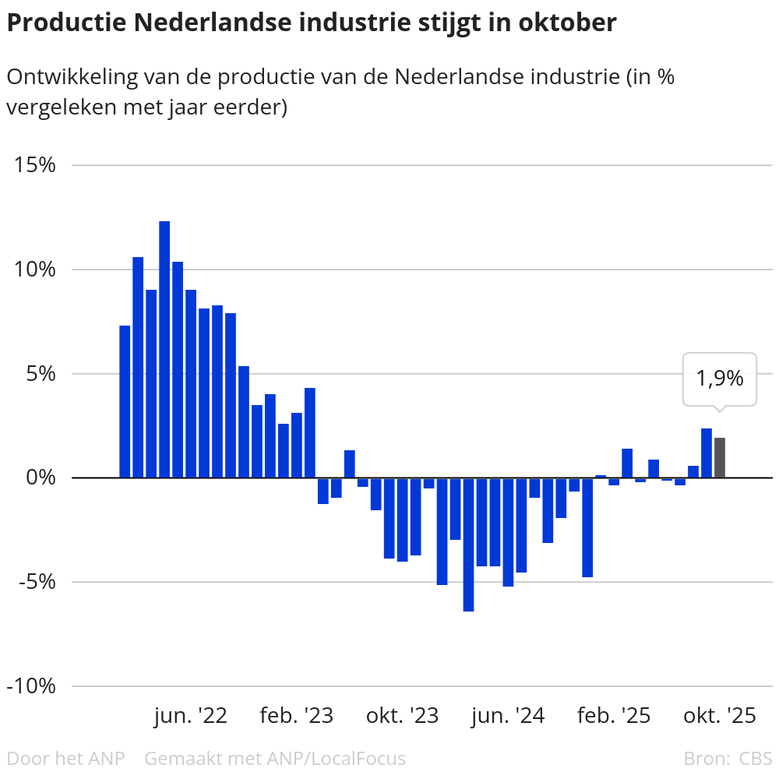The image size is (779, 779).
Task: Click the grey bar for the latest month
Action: (x=720, y=458)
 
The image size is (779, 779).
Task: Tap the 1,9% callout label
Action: (x=719, y=379)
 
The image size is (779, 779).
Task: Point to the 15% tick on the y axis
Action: (x=33, y=165)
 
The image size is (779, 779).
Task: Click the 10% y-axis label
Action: (x=33, y=270)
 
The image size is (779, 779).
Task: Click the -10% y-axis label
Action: (x=30, y=686)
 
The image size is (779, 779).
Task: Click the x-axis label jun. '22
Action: (x=190, y=716)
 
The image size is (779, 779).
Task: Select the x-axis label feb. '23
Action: (x=296, y=716)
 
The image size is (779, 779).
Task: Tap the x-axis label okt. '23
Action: (x=402, y=716)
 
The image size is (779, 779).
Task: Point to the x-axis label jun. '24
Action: (x=508, y=716)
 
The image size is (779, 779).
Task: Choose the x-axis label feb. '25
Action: (x=614, y=716)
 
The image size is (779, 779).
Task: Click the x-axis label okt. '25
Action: (x=719, y=716)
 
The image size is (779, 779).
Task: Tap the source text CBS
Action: (x=756, y=758)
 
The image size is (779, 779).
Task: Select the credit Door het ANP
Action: (x=65, y=758)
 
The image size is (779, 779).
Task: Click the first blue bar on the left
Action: (x=125, y=401)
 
